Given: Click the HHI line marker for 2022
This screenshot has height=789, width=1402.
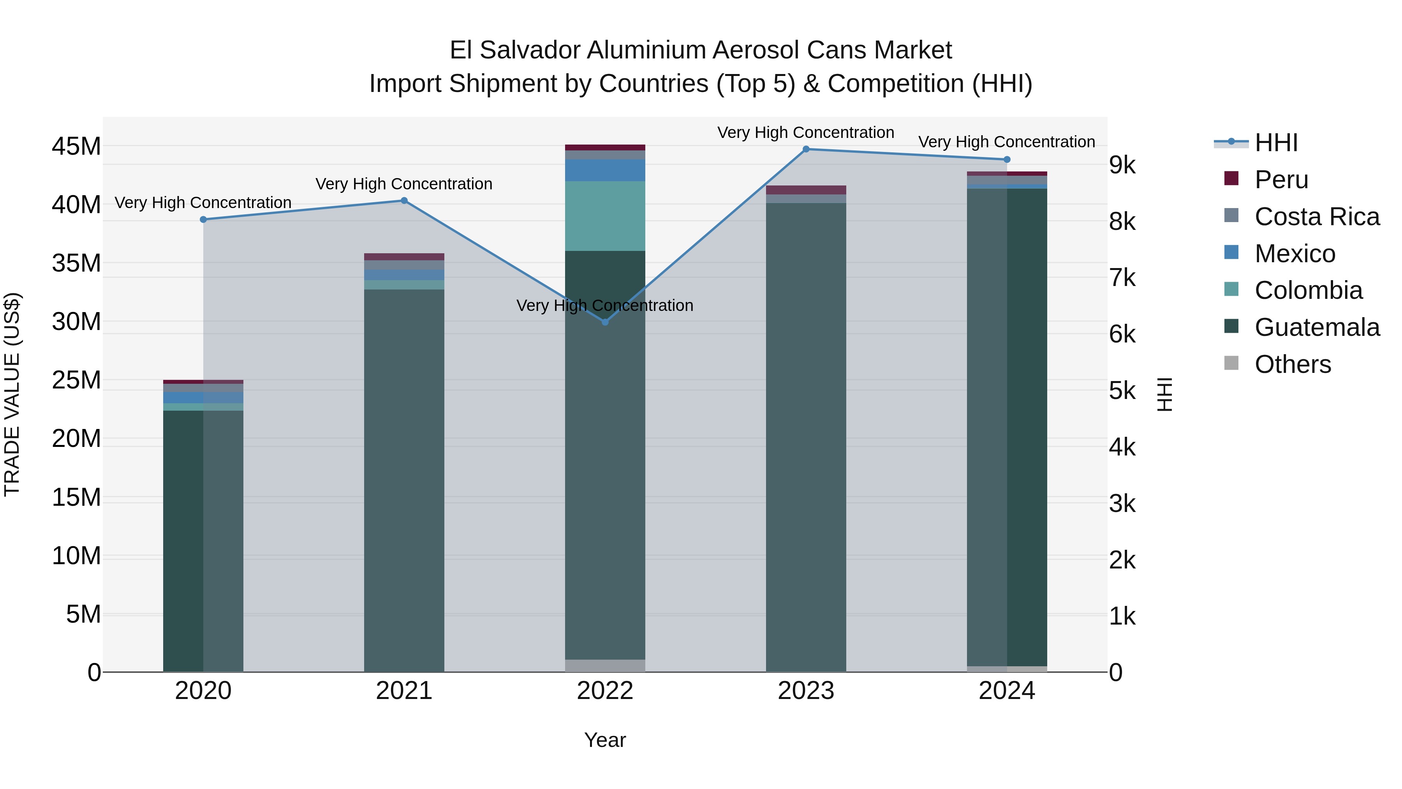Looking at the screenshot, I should click(x=605, y=322).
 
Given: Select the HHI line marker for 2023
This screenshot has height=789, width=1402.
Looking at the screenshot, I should click(x=806, y=149).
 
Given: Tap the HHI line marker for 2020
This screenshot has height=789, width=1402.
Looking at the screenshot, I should click(x=203, y=219).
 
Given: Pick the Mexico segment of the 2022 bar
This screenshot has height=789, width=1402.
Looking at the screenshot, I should click(x=605, y=170).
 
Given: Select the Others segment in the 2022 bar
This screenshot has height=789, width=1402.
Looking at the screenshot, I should click(x=605, y=665).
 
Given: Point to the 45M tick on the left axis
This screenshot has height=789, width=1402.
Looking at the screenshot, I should click(x=76, y=147).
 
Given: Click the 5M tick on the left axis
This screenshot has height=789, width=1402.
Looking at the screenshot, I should click(x=83, y=614).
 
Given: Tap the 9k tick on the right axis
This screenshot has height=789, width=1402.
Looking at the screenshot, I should click(x=1122, y=166).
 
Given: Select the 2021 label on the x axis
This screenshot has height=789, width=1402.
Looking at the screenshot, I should click(x=404, y=691).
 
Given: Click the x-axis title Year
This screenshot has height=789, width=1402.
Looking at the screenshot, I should click(x=605, y=740).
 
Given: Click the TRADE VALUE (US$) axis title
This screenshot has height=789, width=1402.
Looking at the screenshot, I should click(x=12, y=394).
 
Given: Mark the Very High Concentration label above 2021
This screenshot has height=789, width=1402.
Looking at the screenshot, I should click(x=404, y=184).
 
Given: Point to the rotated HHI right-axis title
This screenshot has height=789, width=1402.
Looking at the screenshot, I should click(x=1164, y=394).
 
